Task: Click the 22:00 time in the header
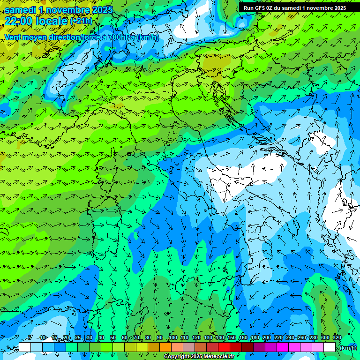point(18,21)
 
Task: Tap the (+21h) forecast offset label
point(81,21)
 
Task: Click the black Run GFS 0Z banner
point(299,7)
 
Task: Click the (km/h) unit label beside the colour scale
point(348,348)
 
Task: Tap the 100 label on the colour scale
point(173,337)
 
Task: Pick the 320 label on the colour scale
point(337,337)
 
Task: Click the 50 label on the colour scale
point(113,337)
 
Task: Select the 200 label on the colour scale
point(267,337)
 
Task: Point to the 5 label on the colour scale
point(30,337)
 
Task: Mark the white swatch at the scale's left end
point(25,347)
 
